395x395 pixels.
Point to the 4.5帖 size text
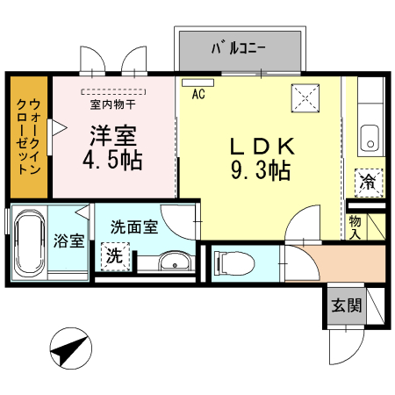click(x=113, y=162)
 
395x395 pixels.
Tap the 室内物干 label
click(x=112, y=104)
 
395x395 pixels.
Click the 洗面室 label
click(x=133, y=226)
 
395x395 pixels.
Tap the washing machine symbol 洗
click(x=114, y=257)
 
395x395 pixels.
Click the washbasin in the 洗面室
click(x=176, y=261)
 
